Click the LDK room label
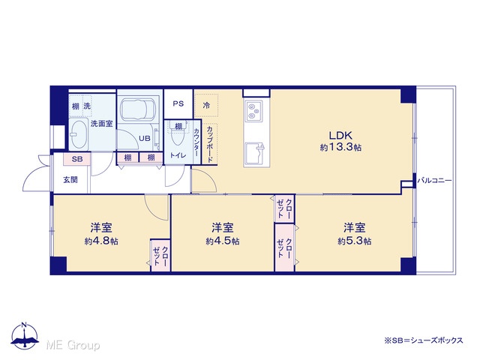340,135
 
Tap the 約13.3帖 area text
340,148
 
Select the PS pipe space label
178,103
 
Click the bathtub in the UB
138,110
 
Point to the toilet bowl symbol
178,136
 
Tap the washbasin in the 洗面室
79,135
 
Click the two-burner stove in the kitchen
253,110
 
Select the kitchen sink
254,154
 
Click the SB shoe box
77,159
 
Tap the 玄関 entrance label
70,180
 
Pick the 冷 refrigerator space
206,106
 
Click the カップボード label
210,144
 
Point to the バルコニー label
435,180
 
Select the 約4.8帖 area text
101,241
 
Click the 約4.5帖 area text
223,241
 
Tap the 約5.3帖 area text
355,241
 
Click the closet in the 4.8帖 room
160,255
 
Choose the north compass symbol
25,335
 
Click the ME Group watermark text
73,345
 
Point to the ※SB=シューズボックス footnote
424,340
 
